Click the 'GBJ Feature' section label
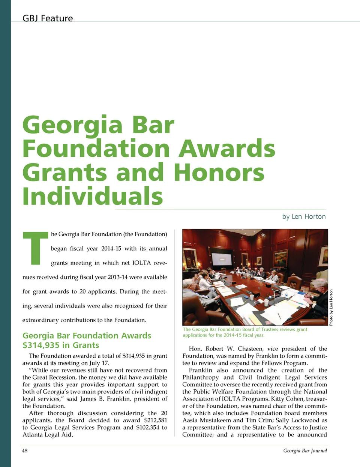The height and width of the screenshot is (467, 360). click(x=48, y=18)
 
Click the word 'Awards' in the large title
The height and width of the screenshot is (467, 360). click(x=226, y=149)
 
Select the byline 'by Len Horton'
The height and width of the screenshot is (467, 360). click(x=304, y=216)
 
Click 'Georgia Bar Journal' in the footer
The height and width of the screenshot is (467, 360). click(x=305, y=451)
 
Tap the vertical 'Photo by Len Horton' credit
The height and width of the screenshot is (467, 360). click(x=331, y=308)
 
